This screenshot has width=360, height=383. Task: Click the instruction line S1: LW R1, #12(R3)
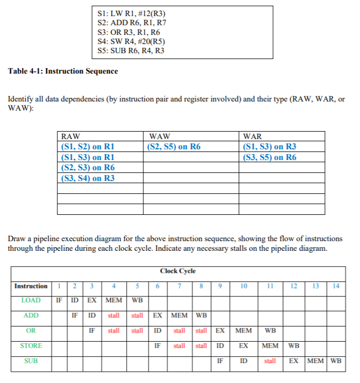coord(129,12)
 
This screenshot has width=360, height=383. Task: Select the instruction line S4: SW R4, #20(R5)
coord(130,41)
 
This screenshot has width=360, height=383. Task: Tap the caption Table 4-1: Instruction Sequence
coord(63,71)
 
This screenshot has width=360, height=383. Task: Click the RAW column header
coord(71,137)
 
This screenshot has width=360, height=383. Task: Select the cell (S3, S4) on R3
coord(88,178)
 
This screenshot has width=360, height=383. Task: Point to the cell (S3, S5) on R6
coord(270,157)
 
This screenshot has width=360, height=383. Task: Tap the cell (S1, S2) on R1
coord(88,147)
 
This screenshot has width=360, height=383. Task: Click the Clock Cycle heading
coord(177,271)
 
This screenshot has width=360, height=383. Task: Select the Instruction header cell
coord(31,286)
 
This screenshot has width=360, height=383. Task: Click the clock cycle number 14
coord(336,286)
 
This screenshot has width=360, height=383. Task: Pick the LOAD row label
coord(31,300)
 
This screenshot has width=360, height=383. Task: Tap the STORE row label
coord(31,346)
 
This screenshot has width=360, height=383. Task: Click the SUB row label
coord(31,361)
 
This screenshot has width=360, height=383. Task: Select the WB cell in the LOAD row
coord(137,300)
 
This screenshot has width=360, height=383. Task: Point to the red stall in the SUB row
coord(270,361)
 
